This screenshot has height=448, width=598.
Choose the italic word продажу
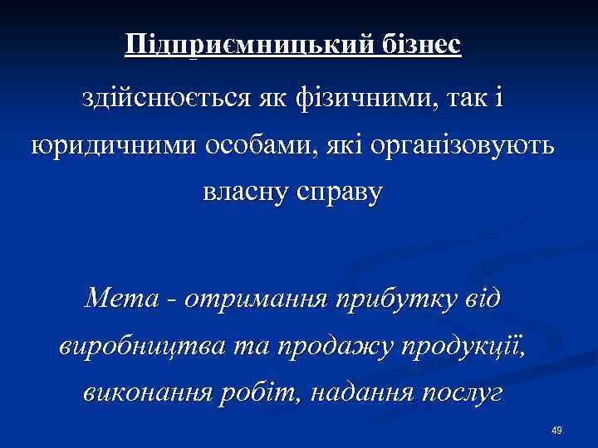[x=308, y=345]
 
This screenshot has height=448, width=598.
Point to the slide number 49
[x=556, y=430]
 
